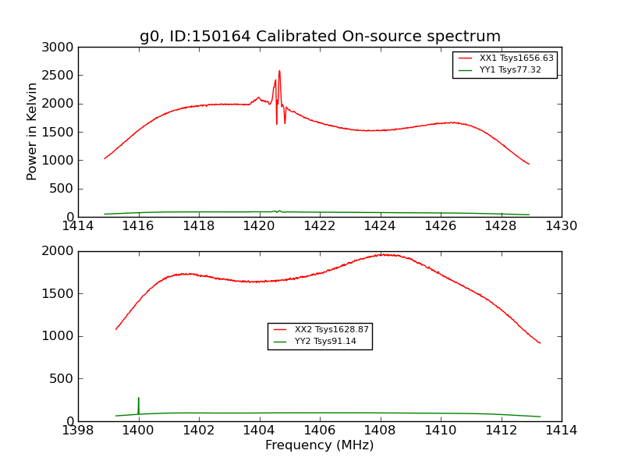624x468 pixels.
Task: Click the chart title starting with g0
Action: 320,37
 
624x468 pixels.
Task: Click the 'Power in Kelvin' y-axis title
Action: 32,131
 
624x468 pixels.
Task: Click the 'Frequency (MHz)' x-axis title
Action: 319,445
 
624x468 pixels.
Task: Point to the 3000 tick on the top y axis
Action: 58,48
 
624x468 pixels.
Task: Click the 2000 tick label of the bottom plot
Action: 58,251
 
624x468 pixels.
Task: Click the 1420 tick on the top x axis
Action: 259,226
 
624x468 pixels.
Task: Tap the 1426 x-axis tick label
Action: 441,226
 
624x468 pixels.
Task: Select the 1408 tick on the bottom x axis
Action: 380,430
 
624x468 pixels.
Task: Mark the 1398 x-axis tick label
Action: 78,430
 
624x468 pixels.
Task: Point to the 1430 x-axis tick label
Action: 561,226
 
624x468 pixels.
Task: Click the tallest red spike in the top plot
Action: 279,72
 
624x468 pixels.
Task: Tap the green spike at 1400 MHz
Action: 139,399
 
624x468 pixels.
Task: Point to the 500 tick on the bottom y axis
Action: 62,379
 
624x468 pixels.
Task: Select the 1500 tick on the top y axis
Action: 58,133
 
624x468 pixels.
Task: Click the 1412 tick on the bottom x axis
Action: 501,430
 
